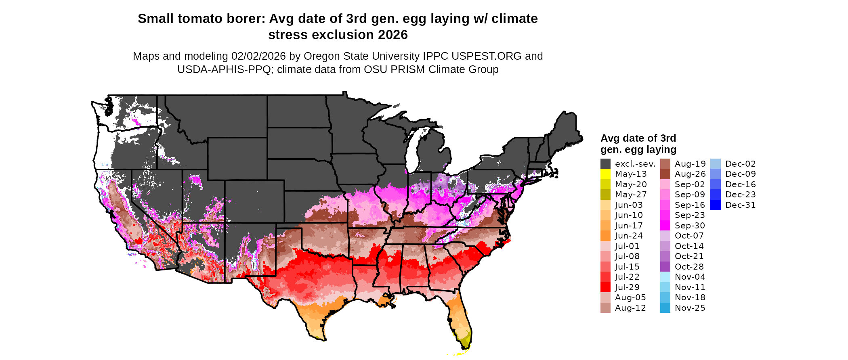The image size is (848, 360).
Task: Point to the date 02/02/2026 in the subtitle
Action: pos(258,56)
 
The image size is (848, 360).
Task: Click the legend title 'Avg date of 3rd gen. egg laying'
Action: pos(638,144)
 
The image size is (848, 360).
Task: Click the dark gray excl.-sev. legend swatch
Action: pos(605,164)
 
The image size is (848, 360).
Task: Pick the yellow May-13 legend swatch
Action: pos(605,174)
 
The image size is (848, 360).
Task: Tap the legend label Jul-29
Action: pos(627,287)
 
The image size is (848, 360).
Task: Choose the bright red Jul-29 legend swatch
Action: pos(605,287)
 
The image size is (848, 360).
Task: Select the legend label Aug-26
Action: pos(690,174)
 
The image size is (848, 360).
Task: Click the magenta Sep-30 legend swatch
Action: pos(665,226)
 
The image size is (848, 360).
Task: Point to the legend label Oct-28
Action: pos(689,267)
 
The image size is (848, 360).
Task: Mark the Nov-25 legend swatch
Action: pos(665,308)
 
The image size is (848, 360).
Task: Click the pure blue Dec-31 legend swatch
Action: pos(715,205)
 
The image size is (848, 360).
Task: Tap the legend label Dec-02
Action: pos(740,164)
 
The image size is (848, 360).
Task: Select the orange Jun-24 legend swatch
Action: pos(605,236)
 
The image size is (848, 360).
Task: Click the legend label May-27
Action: pos(631,195)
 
